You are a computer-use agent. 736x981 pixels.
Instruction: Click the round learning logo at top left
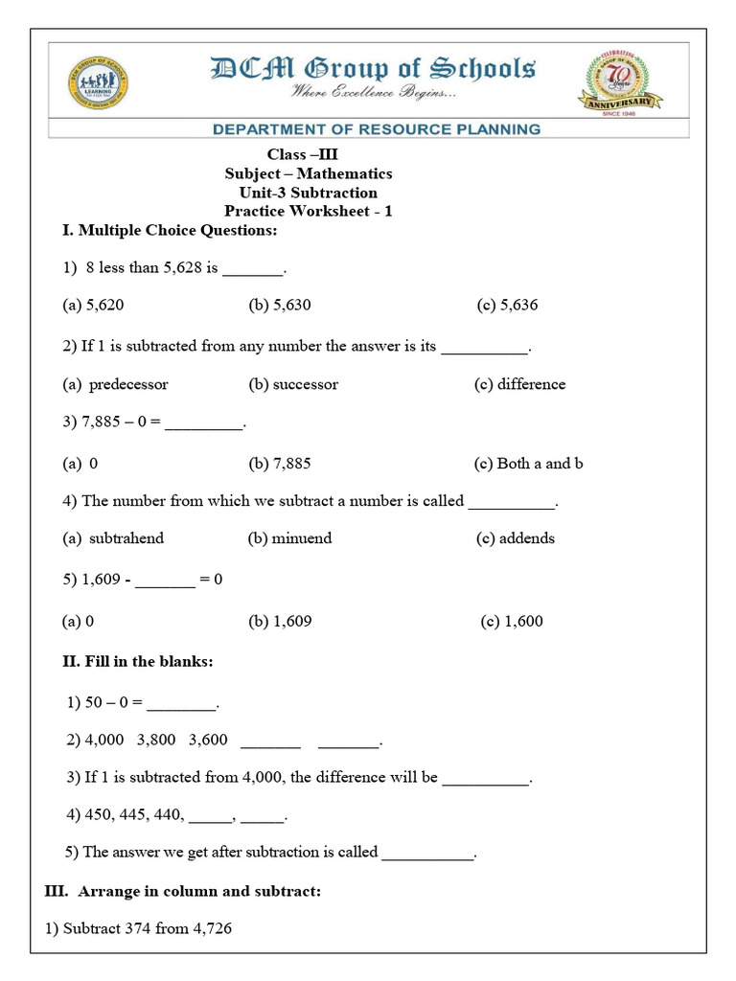tap(98, 84)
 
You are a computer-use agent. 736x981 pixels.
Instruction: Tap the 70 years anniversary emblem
tap(622, 83)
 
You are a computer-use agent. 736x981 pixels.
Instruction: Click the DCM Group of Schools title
tap(372, 69)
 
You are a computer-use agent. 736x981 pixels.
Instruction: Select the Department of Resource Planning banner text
tap(376, 128)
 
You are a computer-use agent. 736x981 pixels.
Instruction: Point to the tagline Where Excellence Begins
tap(375, 93)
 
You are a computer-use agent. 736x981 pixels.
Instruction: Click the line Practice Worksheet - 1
tap(308, 211)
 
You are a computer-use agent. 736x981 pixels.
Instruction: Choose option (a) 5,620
tap(93, 306)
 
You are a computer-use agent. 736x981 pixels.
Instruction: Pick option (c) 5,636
tap(507, 306)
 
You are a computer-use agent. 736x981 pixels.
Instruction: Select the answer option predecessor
tap(127, 384)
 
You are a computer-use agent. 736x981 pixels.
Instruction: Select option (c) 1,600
tap(512, 621)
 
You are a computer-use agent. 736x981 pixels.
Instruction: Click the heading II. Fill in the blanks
tap(137, 661)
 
